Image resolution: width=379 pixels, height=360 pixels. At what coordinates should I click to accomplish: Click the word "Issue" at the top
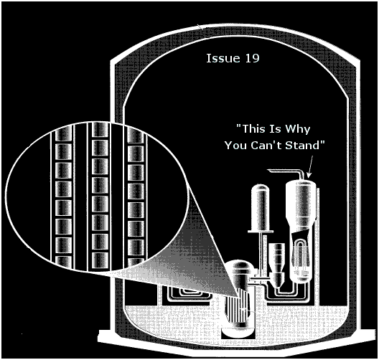223,58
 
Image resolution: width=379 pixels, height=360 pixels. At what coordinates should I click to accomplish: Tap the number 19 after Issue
253,58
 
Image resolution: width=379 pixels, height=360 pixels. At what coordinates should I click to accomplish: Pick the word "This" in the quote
253,128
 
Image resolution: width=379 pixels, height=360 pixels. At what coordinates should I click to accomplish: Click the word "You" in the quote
236,146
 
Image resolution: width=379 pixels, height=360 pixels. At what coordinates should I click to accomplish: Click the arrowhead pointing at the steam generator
309,175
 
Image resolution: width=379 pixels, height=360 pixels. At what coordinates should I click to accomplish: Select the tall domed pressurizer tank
261,208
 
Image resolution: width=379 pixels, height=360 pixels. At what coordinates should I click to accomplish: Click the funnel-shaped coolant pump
277,265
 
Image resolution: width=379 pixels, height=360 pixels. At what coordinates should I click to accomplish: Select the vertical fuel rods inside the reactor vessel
236,311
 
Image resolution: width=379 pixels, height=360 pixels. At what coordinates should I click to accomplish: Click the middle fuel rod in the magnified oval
100,196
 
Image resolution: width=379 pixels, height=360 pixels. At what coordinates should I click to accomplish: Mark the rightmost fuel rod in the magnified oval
136,196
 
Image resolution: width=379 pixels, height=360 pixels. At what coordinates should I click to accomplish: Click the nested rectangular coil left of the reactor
185,296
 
